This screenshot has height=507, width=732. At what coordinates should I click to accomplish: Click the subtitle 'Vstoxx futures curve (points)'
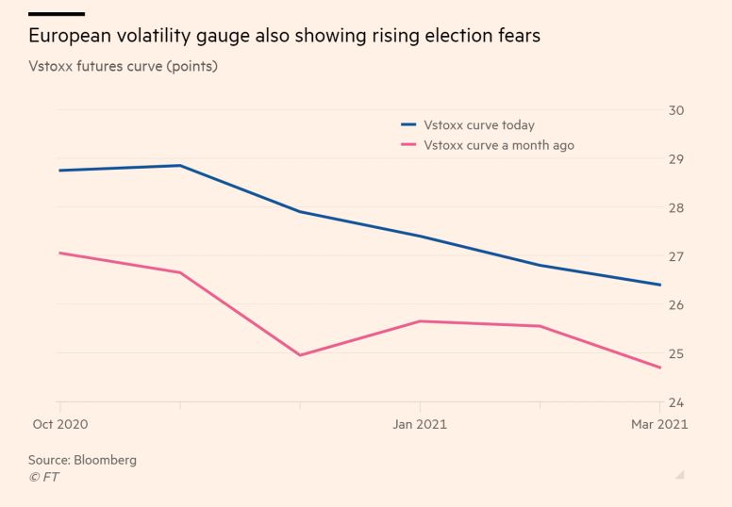tap(124, 68)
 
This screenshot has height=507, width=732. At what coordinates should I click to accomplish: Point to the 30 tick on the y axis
tap(676, 110)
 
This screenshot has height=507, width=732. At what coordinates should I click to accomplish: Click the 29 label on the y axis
tap(676, 159)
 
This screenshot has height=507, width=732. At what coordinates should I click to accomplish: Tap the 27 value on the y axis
tap(676, 256)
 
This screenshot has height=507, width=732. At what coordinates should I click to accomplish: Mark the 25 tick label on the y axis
tap(676, 353)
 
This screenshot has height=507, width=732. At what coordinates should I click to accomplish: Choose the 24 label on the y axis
tap(676, 402)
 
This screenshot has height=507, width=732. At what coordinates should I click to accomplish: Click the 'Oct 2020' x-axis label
tap(59, 424)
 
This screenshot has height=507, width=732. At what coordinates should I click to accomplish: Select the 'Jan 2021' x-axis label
tap(420, 424)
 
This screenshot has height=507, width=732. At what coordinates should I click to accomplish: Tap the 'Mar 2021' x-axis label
tap(659, 424)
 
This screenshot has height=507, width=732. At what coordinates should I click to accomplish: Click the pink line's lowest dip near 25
tap(300, 355)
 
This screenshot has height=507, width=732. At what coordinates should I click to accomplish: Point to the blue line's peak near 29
tap(180, 166)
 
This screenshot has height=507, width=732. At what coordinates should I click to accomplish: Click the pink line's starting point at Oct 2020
tap(60, 253)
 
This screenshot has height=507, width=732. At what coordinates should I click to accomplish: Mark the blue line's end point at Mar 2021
tap(659, 285)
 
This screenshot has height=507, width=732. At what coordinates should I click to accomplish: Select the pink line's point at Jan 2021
tap(420, 321)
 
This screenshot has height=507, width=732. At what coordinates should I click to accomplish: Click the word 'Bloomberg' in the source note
tap(108, 460)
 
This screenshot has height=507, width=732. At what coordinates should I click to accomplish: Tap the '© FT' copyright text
tap(43, 477)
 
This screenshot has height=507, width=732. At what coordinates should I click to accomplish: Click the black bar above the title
tap(56, 14)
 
